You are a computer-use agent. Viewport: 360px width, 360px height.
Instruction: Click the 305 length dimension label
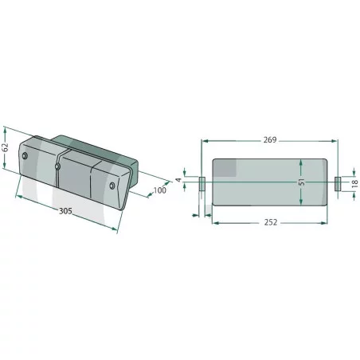65,211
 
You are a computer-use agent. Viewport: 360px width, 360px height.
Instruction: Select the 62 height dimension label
6,147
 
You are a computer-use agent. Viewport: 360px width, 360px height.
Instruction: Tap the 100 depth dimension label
160,190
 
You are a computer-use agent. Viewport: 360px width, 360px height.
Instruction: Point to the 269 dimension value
270,139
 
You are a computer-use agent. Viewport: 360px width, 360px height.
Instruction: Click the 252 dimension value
271,222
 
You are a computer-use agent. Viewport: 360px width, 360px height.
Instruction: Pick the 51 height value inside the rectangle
302,182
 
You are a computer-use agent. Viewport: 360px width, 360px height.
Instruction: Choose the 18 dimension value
354,183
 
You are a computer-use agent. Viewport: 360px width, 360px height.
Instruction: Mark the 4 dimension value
179,180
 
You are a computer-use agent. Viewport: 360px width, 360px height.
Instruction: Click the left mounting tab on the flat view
202,184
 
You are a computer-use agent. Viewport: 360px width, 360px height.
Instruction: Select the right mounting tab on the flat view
338,184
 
